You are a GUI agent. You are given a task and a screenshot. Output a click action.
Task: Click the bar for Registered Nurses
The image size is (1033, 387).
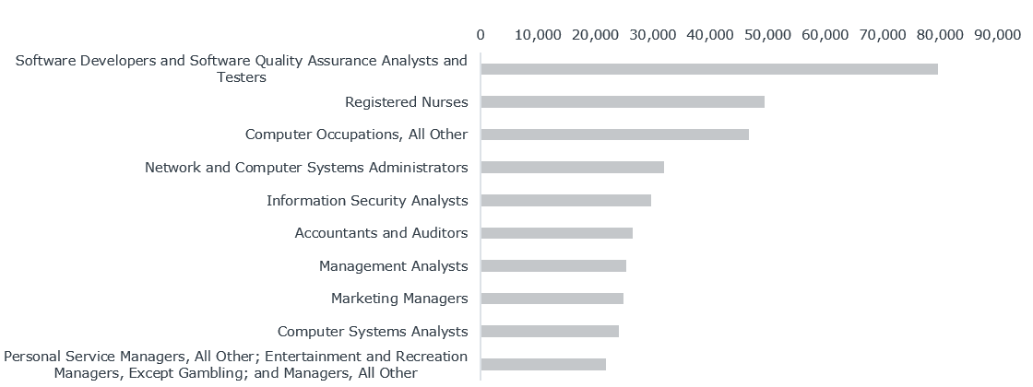623,101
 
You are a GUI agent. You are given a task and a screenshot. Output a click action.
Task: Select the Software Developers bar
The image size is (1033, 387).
709,69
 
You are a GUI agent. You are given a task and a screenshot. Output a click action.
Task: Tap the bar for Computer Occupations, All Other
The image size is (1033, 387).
614,135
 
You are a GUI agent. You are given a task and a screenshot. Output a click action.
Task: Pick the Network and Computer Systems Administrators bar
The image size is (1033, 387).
572,168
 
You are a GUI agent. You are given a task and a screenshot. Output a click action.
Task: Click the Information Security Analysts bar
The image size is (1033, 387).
565,200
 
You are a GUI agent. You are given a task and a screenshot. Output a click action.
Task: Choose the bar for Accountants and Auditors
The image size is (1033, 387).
556,233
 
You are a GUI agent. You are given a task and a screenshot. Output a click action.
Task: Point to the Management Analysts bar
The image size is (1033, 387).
553,265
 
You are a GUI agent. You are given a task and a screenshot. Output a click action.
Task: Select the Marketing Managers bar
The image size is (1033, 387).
552,299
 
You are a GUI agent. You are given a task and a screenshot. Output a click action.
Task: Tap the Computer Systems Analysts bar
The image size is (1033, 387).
550,331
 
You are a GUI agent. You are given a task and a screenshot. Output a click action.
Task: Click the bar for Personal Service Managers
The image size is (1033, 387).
543,364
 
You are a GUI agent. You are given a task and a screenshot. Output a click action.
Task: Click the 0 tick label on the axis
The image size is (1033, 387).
481,34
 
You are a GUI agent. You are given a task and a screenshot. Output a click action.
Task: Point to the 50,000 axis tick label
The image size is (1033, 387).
767,34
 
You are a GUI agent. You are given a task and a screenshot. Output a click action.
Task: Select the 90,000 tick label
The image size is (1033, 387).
997,34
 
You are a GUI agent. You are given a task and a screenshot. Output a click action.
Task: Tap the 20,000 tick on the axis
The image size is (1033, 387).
595,34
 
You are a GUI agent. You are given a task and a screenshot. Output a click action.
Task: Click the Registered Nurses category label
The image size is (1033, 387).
406,101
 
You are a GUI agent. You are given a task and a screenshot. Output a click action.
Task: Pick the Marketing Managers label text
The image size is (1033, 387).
399,299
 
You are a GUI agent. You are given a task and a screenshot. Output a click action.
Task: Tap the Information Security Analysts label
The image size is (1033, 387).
367,200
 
